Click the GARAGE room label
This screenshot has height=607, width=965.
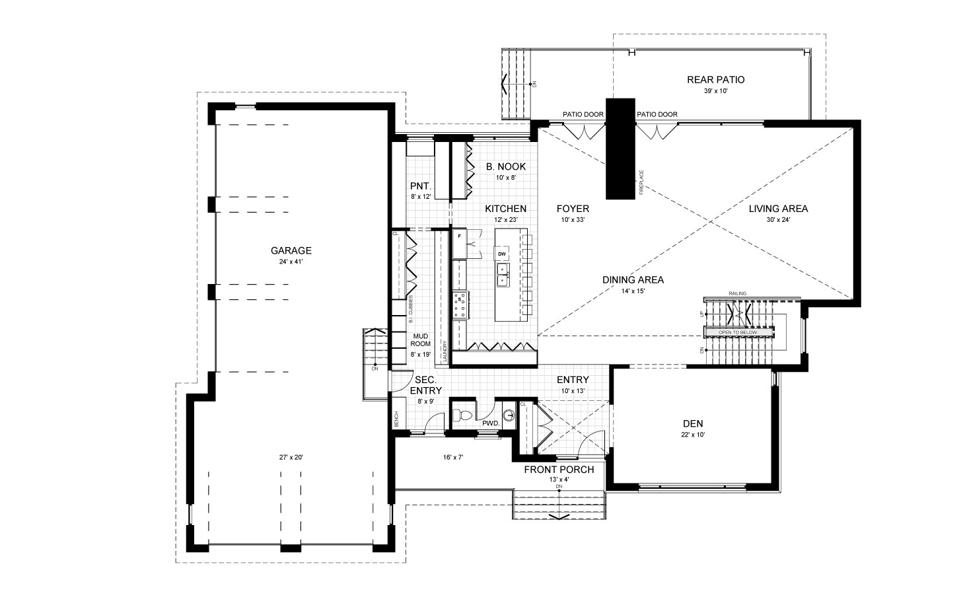tap(291, 250)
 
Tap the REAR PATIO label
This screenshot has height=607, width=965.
tap(715, 80)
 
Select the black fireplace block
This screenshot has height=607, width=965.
tap(620, 148)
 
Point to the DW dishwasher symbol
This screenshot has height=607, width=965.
tap(502, 254)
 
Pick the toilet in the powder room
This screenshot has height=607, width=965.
tap(462, 415)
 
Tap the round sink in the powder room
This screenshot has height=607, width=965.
tap(509, 415)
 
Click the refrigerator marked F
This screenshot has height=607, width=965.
tap(459, 236)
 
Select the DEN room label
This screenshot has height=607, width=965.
tap(693, 423)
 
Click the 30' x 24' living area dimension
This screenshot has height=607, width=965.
tap(777, 221)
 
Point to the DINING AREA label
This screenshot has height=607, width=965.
tap(632, 279)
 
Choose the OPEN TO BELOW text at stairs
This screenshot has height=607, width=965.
tap(738, 332)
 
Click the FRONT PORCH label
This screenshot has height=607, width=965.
tap(558, 470)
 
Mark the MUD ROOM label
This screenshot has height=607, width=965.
tap(421, 339)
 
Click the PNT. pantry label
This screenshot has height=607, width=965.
tap(420, 186)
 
